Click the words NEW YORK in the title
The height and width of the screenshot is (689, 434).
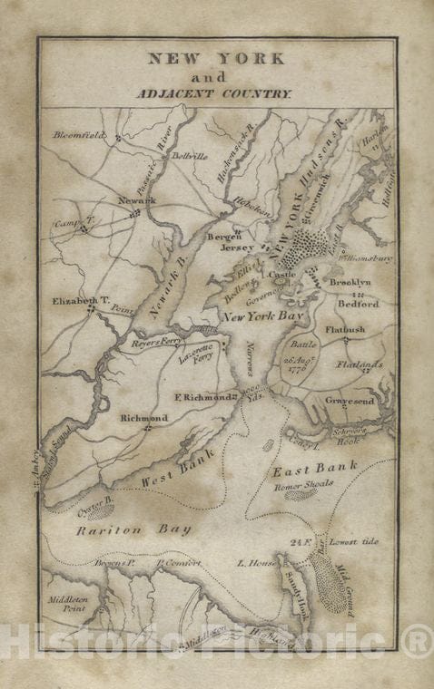(216, 59)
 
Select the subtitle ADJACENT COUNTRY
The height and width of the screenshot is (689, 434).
(215, 93)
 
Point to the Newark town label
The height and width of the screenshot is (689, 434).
(136, 199)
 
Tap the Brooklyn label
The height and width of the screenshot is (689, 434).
(350, 283)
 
